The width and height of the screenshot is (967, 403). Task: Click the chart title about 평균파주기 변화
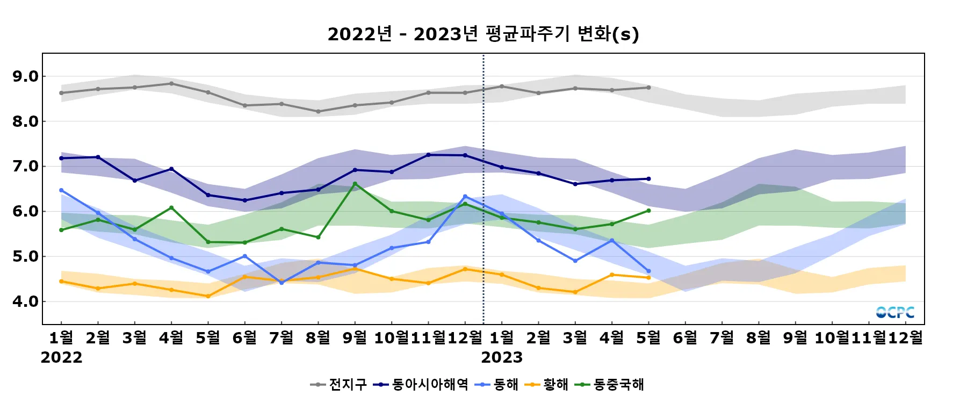(483, 34)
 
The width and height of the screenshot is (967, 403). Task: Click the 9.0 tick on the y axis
(25, 76)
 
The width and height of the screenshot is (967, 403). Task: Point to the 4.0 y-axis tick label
(25, 301)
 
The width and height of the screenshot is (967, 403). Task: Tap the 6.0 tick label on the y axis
(25, 212)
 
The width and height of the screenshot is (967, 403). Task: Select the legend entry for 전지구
(339, 384)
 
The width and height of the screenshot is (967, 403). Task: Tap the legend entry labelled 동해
(497, 384)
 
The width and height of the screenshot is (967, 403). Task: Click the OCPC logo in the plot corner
(895, 312)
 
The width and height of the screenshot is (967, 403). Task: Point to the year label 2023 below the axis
(502, 357)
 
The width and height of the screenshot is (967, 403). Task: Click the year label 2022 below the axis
(61, 357)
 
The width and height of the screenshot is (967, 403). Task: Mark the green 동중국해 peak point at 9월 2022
(355, 184)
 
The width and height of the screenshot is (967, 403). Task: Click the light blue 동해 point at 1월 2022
(61, 190)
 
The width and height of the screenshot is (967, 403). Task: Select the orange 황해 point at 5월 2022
(208, 296)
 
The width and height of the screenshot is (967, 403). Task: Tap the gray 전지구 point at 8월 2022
(318, 112)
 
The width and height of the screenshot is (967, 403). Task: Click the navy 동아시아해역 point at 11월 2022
(428, 155)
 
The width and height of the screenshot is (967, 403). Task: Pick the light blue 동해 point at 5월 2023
(648, 271)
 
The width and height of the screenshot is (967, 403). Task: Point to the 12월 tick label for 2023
(906, 337)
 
